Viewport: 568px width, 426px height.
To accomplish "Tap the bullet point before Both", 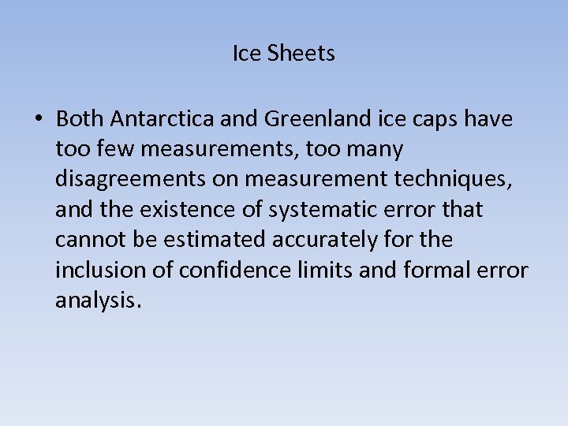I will coord(38,119).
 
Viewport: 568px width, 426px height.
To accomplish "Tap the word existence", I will coord(175,210).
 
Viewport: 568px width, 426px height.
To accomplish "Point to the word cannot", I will coord(88,240).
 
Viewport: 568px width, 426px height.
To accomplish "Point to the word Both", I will coord(80,119).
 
